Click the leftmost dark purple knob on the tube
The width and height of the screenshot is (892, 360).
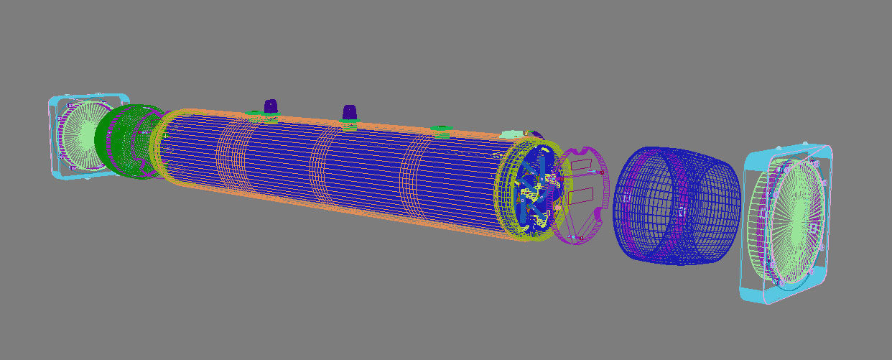[271, 106]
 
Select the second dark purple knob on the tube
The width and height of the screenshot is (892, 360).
[349, 112]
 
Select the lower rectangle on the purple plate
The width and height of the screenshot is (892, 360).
[580, 194]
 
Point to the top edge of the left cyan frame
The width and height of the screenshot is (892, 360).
[90, 96]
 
